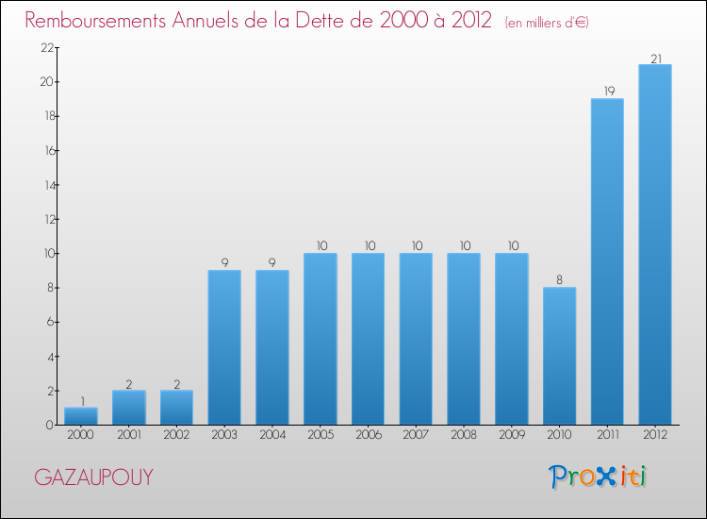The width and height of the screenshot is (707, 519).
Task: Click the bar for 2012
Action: point(655,244)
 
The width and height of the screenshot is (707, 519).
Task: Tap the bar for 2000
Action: point(81,416)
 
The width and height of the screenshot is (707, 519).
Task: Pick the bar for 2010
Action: point(559,356)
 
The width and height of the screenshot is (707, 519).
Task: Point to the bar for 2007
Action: point(416,339)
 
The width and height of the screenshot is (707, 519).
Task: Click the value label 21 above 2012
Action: point(655,59)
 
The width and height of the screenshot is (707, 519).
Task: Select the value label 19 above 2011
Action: point(607,92)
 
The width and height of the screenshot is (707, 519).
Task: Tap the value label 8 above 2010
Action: point(559,280)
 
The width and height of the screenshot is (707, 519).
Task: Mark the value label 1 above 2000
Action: point(81,401)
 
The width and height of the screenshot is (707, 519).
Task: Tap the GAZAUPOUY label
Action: point(93,477)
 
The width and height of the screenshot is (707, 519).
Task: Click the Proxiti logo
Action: point(598,477)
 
